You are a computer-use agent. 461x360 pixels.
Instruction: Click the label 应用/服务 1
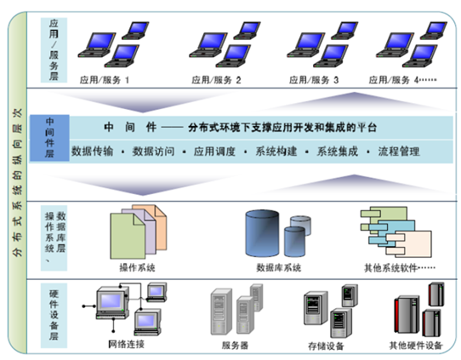tap(105, 80)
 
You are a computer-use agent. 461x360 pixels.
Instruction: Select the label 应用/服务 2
tap(216, 80)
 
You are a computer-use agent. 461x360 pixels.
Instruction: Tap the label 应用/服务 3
tap(314, 80)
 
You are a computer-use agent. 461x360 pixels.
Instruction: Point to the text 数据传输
tap(93, 151)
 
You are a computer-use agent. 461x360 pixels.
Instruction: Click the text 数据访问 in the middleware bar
tap(153, 151)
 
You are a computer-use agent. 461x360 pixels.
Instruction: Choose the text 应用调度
tap(214, 151)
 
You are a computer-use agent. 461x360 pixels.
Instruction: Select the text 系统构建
tap(276, 151)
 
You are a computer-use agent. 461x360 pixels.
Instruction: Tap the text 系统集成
tap(337, 151)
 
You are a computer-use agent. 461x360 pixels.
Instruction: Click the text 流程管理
tap(399, 151)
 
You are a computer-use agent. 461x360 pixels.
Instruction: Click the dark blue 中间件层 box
tap(49, 138)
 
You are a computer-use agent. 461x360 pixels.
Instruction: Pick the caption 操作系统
tap(137, 267)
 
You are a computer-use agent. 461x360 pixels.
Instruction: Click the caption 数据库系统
tap(279, 267)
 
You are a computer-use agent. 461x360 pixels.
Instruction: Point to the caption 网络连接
tap(126, 344)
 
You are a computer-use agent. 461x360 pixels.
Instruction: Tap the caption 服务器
tap(235, 345)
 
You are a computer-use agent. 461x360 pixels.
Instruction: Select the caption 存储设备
tap(326, 346)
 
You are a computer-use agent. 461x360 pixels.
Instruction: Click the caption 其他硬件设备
tap(416, 345)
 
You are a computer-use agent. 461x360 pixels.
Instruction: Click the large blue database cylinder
tap(262, 233)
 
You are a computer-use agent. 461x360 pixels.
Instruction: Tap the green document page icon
tap(128, 237)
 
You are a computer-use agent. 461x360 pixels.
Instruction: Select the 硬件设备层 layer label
tap(54, 315)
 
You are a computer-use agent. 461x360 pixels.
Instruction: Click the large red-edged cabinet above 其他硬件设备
tap(407, 315)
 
